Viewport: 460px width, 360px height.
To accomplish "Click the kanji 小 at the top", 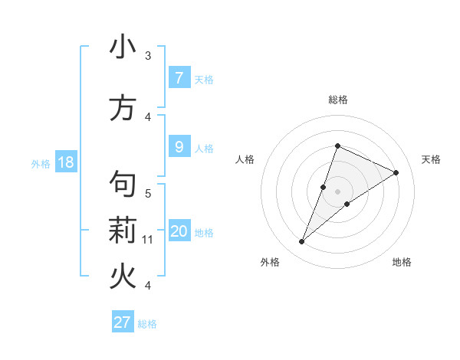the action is [x=123, y=47].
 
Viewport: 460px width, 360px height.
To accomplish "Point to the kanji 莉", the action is [x=123, y=230].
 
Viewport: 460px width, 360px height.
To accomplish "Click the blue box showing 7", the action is [x=179, y=77].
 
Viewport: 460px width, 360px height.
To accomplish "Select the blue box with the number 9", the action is [x=179, y=147].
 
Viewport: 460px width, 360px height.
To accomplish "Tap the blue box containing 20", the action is [x=179, y=231].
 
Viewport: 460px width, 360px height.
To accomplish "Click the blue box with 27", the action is [x=123, y=322].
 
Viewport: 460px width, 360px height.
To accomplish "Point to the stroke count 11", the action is [x=148, y=240].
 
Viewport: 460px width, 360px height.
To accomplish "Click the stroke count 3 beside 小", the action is [x=148, y=55].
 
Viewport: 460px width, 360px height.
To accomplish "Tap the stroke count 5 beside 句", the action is [x=148, y=193].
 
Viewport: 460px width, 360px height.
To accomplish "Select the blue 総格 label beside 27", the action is [x=147, y=324].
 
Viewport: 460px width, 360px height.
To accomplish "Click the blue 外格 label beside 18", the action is [x=40, y=163].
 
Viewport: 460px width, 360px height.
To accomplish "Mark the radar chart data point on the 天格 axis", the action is [x=396, y=172].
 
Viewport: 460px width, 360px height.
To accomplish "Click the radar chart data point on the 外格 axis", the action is [x=302, y=242].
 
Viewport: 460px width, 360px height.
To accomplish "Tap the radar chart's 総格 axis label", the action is [x=337, y=100].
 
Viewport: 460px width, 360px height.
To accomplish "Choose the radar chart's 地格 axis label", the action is [x=402, y=262].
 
